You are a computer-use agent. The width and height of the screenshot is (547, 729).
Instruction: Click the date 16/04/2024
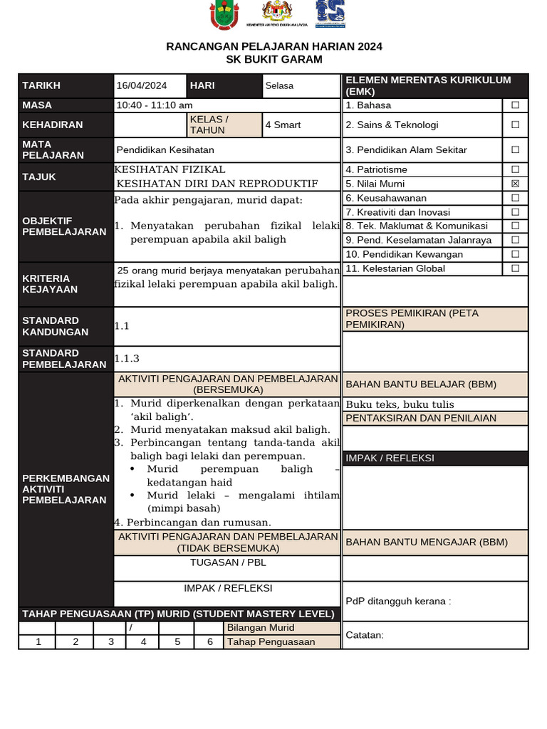click(x=141, y=85)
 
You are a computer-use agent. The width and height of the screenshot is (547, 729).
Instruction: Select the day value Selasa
click(x=279, y=85)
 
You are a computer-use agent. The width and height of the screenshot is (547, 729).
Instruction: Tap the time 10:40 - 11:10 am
click(x=155, y=105)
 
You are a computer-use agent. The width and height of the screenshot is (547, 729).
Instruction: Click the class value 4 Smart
click(x=283, y=125)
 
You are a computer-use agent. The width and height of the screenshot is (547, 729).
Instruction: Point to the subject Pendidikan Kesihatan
click(x=165, y=150)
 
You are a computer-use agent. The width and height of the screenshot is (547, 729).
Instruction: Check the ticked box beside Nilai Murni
click(x=515, y=184)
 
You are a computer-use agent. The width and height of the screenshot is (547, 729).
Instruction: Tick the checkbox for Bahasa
click(x=515, y=105)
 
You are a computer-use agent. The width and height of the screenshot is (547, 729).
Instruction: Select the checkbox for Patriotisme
click(x=515, y=169)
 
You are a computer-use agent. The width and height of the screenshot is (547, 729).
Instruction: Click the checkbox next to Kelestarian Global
click(x=515, y=268)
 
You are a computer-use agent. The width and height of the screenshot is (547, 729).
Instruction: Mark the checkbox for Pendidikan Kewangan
click(x=515, y=254)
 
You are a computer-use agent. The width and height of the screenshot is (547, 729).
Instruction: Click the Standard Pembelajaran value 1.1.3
click(x=127, y=359)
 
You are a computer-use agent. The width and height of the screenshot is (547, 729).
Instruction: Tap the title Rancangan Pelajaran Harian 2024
click(x=274, y=46)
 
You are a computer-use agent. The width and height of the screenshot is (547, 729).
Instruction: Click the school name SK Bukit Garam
click(x=274, y=59)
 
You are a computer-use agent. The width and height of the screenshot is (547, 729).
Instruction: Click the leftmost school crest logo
click(x=224, y=15)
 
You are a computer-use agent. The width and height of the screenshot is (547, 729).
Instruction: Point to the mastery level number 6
click(x=209, y=641)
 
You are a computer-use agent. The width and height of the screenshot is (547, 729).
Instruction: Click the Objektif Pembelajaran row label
click(x=64, y=226)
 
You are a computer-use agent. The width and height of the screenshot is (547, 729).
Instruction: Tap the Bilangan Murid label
click(x=260, y=628)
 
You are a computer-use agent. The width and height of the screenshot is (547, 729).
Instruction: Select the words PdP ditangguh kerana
click(x=398, y=601)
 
